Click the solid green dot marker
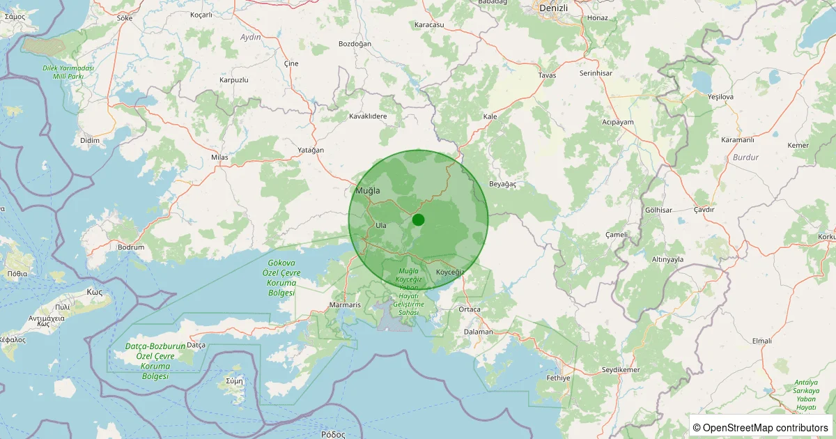coord(418,219)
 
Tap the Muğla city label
coord(368,190)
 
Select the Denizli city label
coord(554,8)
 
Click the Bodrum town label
coord(131,247)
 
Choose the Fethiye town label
coord(558,378)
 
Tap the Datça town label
coord(196,345)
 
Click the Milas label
coord(219,157)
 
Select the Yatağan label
coord(311,150)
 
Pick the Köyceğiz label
coord(449,271)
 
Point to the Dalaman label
coord(479,332)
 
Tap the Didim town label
coord(91,140)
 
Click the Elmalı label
coord(762,341)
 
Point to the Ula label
coord(380,225)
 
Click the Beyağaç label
coord(503,184)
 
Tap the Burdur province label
coord(745,157)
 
